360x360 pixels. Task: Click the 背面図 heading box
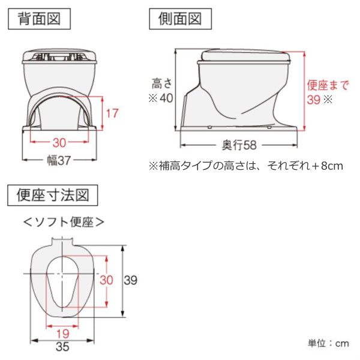click(39, 19)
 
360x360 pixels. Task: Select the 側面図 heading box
click(180, 19)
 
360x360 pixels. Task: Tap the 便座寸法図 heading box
click(53, 195)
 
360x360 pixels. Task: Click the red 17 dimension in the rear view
click(112, 113)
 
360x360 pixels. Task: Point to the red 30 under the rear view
click(59, 143)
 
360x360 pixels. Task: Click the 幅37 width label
click(59, 160)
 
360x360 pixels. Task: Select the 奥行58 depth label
click(239, 145)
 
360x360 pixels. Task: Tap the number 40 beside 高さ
click(166, 98)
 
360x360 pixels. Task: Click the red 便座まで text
click(328, 85)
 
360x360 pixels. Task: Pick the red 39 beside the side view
click(314, 100)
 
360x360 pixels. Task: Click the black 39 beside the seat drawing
click(131, 280)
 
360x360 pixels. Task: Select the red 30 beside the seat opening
click(106, 280)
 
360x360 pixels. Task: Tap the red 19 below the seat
click(62, 334)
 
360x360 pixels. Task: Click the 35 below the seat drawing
click(62, 347)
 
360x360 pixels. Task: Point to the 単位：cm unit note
click(328, 343)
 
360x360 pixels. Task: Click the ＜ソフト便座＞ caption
click(64, 222)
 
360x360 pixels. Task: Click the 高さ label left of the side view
click(161, 83)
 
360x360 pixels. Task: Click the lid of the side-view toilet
click(245, 55)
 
